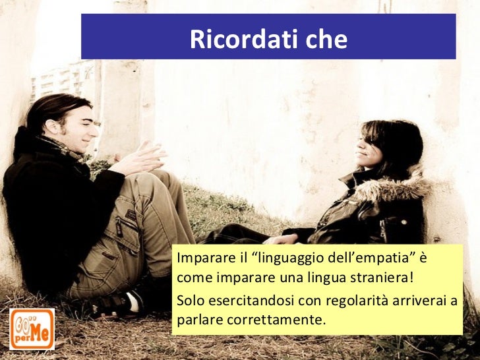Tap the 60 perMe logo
tap(32, 328)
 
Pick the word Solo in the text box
tap(191, 302)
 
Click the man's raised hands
tap(141, 159)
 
